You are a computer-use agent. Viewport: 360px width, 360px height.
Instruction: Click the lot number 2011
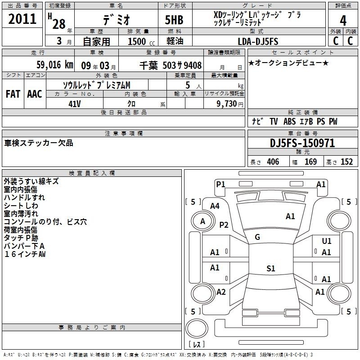tap(22, 19)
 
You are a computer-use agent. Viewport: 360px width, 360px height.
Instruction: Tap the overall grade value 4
tap(343, 21)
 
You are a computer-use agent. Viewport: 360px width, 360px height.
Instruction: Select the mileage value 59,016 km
tap(55, 65)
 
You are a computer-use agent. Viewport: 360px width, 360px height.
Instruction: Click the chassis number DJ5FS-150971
tap(302, 143)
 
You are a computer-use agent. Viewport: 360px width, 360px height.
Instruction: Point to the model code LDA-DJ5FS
tap(258, 41)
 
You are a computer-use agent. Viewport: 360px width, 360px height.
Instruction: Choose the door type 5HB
tap(174, 20)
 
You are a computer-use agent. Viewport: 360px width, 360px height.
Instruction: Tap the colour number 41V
tap(75, 104)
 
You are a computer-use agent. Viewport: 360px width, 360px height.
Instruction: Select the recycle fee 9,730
tap(227, 104)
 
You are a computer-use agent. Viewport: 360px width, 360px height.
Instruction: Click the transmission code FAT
tap(13, 94)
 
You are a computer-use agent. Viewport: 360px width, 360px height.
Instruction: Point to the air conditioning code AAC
tap(35, 94)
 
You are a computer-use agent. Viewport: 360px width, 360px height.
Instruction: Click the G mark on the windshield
tap(257, 237)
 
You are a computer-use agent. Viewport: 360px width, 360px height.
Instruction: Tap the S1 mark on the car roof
tap(271, 268)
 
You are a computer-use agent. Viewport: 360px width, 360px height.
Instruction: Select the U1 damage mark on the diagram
tap(327, 241)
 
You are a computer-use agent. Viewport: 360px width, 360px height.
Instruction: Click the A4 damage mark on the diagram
tap(215, 206)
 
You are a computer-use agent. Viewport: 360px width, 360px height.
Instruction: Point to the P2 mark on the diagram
tap(224, 225)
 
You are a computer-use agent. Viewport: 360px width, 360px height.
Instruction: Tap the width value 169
tap(310, 162)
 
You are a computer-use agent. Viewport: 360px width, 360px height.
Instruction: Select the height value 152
tap(346, 162)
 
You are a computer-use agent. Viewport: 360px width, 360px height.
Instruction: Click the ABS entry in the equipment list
tap(289, 121)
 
